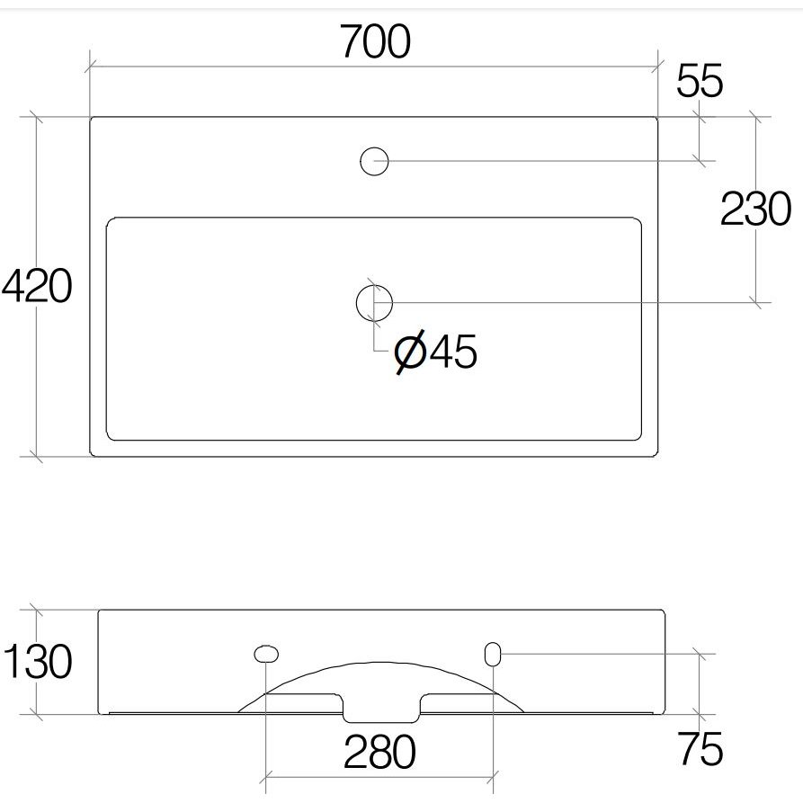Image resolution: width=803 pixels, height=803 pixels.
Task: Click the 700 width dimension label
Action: point(375,41)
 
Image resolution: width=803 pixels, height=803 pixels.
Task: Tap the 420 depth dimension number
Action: point(37,286)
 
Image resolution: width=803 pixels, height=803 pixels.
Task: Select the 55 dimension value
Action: point(700,81)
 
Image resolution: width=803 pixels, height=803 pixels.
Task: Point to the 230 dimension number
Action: point(756,209)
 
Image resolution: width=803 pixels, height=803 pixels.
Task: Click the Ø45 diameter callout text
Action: point(436,352)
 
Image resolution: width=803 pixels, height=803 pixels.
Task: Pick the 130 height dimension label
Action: point(38,661)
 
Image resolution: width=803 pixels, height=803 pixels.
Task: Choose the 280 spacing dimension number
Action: point(379,751)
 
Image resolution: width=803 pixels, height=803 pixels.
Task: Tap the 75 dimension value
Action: point(700,749)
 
